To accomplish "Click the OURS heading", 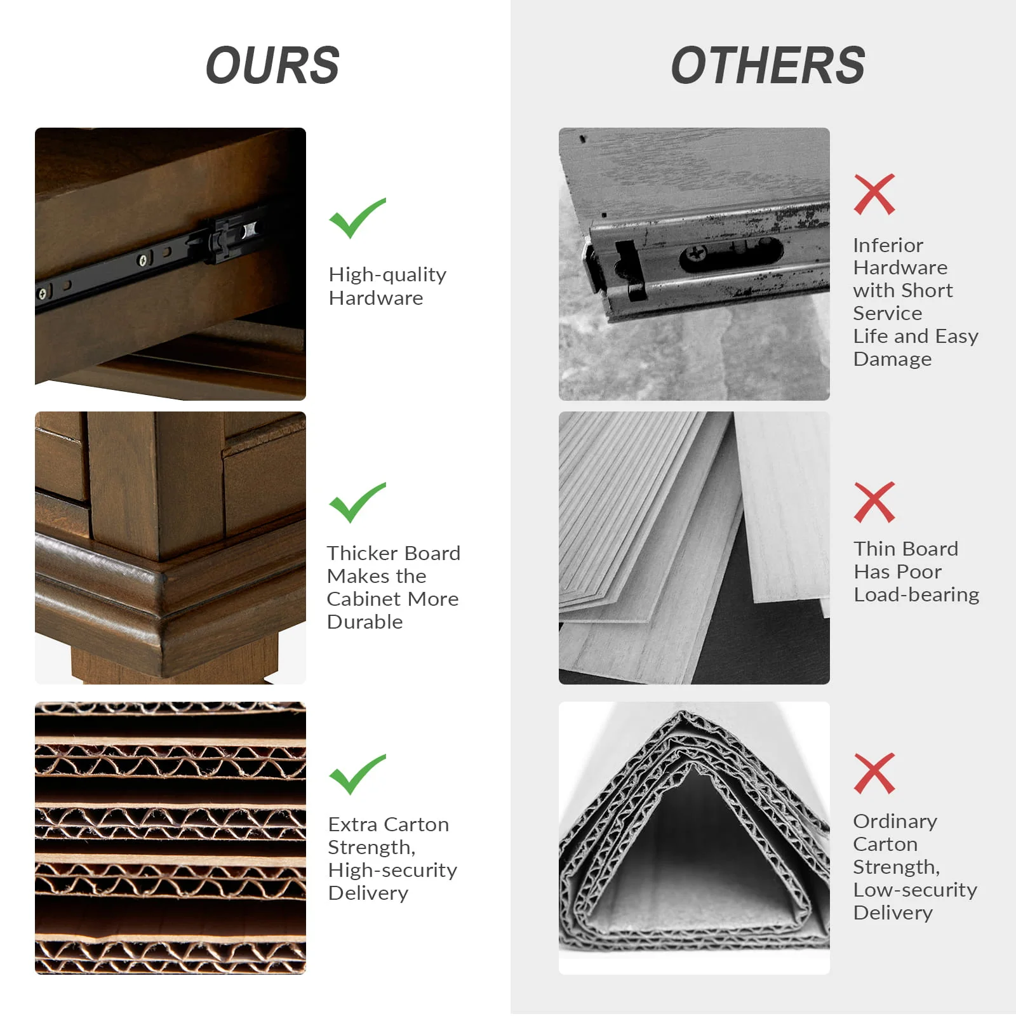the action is (x=272, y=65).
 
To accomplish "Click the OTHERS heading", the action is (x=768, y=65).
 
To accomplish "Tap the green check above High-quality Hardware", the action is (x=357, y=218).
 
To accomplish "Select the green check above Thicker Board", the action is (x=357, y=502).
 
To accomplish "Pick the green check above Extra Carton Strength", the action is (x=357, y=774).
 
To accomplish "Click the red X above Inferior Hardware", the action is (x=874, y=194).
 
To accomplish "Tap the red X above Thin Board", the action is (x=874, y=502).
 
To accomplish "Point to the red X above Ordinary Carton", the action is (x=874, y=773).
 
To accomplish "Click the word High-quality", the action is (x=387, y=275).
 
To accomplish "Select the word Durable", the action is (x=364, y=622).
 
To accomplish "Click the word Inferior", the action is (x=888, y=245).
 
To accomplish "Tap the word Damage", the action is (x=892, y=359).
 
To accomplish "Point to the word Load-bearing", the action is (x=916, y=595).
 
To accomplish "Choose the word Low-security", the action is (x=915, y=890).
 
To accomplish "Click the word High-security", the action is (x=392, y=871).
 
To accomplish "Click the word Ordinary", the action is (x=895, y=822).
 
